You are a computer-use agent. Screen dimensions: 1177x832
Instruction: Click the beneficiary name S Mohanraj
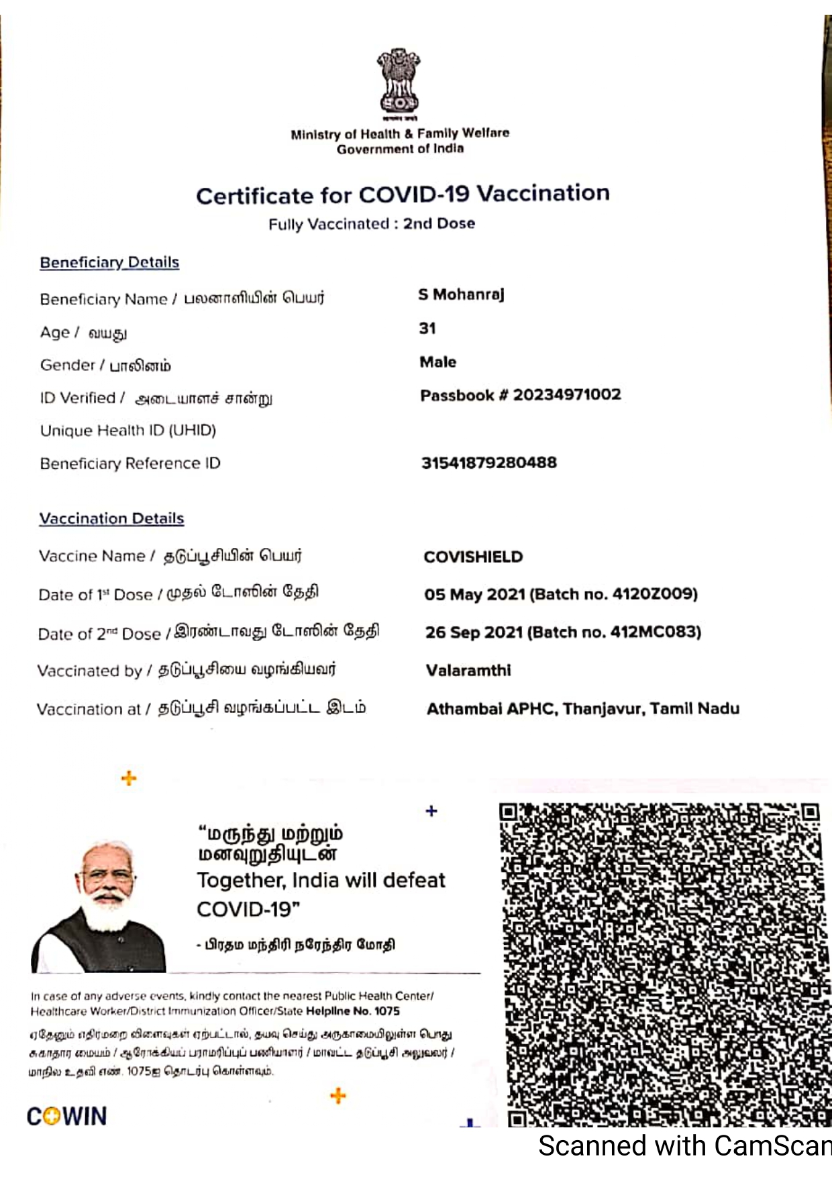tap(461, 294)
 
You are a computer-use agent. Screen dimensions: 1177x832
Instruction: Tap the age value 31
tap(427, 329)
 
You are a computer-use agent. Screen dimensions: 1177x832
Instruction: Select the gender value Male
tap(437, 362)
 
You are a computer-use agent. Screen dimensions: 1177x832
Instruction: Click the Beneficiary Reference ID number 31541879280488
tap(488, 463)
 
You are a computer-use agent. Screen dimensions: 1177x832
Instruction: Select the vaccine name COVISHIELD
tap(473, 557)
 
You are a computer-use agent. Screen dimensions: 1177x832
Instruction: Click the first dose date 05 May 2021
tap(474, 594)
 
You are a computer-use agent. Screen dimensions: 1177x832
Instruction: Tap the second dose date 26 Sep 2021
tap(474, 632)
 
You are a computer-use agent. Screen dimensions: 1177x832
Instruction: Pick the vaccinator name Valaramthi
tap(468, 670)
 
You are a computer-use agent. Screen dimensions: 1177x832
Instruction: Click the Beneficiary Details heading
tap(109, 262)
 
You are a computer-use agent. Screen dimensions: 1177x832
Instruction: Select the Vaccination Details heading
tap(111, 518)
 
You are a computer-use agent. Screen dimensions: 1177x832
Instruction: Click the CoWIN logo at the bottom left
tap(66, 1117)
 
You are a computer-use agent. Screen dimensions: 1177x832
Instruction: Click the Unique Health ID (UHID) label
tap(128, 431)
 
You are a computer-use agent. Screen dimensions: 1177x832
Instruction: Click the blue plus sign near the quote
tap(431, 811)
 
